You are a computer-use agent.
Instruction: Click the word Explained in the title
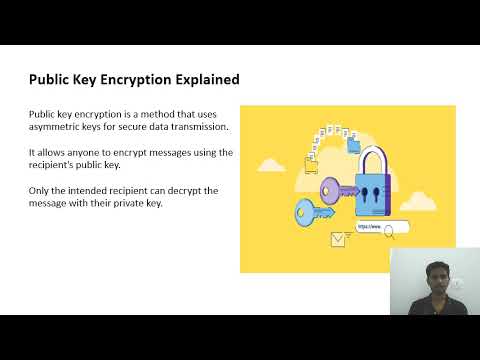(x=204, y=80)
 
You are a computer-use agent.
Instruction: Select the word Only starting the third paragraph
(x=39, y=189)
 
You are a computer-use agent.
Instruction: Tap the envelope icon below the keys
(x=337, y=239)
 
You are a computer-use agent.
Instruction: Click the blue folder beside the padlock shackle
(x=351, y=146)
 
